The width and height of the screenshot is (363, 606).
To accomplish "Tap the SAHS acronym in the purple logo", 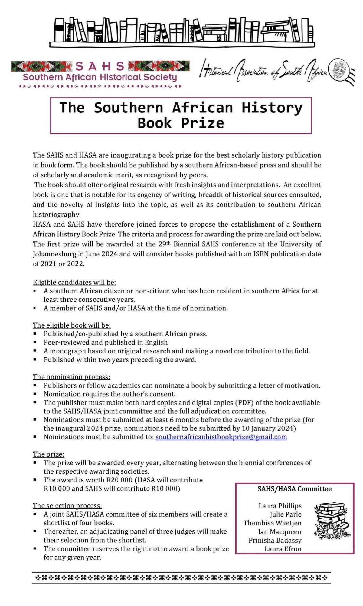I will tap(100, 66).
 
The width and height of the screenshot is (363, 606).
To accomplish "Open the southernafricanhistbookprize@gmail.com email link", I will tap(221, 437).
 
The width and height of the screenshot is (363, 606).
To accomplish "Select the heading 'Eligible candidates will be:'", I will tap(74, 282).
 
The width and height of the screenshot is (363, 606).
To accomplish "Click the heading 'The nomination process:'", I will tap(71, 377).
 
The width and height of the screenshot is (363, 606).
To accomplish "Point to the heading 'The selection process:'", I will tap(67, 506).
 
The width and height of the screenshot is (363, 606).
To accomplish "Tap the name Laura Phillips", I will tap(280, 506).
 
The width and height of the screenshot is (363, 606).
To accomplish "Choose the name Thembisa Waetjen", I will tap(272, 523).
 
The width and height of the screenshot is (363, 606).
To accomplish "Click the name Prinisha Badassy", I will tap(275, 540).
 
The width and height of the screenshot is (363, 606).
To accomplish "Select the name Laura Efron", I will tap(283, 549).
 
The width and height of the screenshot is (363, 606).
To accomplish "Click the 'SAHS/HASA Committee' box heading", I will tap(294, 489).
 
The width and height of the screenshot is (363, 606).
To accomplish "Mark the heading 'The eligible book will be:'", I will tap(72, 325).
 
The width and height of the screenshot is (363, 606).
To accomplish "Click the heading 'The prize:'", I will tap(48, 454).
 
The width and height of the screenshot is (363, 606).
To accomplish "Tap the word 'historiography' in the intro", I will tap(57, 215).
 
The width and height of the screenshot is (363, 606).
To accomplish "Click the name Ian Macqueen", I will tap(280, 532).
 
